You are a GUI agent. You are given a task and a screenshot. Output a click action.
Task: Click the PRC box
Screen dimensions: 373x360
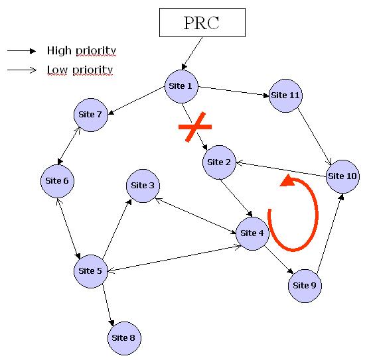(202, 23)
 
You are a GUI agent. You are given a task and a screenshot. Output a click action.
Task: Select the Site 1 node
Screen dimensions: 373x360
(181, 86)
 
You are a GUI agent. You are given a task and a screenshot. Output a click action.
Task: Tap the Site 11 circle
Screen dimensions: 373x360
(285, 95)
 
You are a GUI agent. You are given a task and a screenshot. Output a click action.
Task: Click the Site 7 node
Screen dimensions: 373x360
(91, 115)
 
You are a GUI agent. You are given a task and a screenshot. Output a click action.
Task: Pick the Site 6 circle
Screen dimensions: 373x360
(57, 181)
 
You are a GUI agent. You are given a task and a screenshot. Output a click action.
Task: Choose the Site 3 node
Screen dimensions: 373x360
(143, 186)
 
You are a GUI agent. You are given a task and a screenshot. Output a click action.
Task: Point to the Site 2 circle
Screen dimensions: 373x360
(219, 162)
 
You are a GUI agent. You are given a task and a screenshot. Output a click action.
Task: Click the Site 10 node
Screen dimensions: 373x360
(342, 176)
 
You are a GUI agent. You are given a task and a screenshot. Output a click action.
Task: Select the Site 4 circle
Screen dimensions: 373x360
(252, 233)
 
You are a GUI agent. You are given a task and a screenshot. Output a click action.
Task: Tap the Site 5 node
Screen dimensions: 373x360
(91, 271)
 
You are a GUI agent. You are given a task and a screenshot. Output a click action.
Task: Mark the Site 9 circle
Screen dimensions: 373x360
(305, 286)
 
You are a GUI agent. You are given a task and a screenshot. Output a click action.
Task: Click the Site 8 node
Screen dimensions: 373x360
(124, 338)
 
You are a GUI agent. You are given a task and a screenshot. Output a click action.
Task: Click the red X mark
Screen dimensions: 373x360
(195, 127)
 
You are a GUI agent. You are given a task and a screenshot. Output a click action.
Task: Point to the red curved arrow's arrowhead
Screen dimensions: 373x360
(287, 180)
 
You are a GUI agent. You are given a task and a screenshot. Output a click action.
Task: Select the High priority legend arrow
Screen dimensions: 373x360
(21, 51)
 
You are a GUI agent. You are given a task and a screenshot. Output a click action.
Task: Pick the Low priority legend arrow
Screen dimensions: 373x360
(22, 70)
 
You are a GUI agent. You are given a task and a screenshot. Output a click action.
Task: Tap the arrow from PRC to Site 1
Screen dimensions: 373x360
(192, 54)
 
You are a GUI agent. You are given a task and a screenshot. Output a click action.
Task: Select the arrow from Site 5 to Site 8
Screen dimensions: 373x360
(108, 305)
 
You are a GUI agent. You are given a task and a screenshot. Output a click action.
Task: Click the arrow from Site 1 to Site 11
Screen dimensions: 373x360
(234, 91)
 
